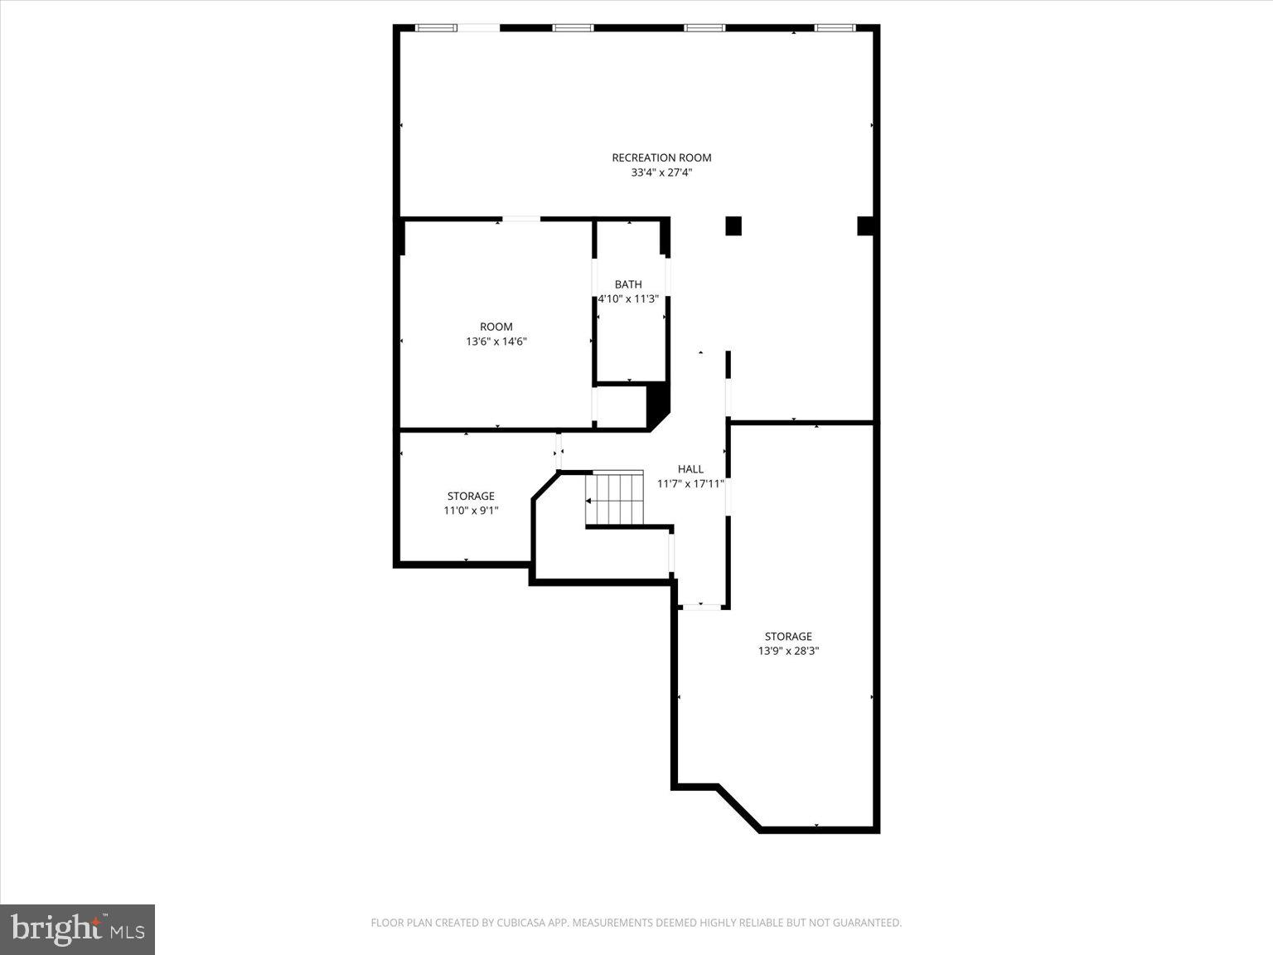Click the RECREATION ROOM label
point(661,158)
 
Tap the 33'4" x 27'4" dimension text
point(661,172)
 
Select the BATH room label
point(628,284)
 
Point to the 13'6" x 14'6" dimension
point(496,341)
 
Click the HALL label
point(690,469)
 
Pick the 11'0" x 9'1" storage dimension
point(471,511)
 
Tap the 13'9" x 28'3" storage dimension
point(788,651)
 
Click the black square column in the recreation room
point(733,225)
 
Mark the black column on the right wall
point(865,225)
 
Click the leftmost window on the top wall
point(436,28)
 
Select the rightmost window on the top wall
point(835,28)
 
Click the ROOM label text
point(496,327)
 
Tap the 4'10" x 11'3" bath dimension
point(628,298)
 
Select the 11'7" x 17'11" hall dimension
point(690,483)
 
